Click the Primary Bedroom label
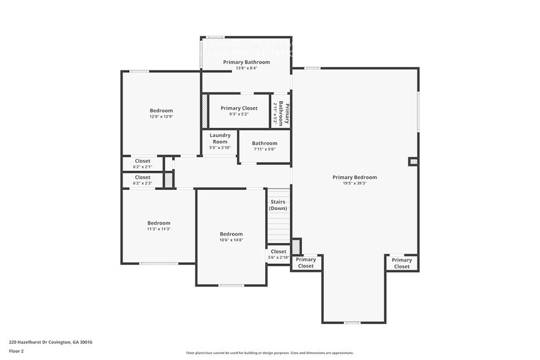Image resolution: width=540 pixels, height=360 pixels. [x=354, y=177]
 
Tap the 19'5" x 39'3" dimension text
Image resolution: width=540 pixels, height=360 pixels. [x=354, y=183]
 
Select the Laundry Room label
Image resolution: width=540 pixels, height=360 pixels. [x=220, y=138]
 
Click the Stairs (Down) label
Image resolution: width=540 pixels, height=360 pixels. [x=278, y=204]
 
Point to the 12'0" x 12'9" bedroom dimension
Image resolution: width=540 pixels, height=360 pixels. [x=161, y=116]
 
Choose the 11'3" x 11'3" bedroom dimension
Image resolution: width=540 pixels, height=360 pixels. [x=159, y=229]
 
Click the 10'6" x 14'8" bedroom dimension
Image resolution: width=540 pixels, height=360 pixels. [x=231, y=240]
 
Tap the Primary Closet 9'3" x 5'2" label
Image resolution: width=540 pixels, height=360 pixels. [x=239, y=110]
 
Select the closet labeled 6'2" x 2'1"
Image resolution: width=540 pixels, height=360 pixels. [x=143, y=163]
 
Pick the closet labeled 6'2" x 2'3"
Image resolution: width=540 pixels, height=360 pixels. [x=143, y=180]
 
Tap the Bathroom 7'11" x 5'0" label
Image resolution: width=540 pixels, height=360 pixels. [x=264, y=146]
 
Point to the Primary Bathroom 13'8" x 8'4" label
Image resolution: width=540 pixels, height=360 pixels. [x=246, y=65]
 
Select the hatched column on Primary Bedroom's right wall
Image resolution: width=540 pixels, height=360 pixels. [x=413, y=162]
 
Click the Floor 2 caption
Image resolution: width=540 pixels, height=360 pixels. [x=16, y=351]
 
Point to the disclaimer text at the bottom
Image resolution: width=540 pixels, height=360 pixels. [x=269, y=353]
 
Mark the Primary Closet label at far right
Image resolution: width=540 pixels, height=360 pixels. [x=402, y=263]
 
